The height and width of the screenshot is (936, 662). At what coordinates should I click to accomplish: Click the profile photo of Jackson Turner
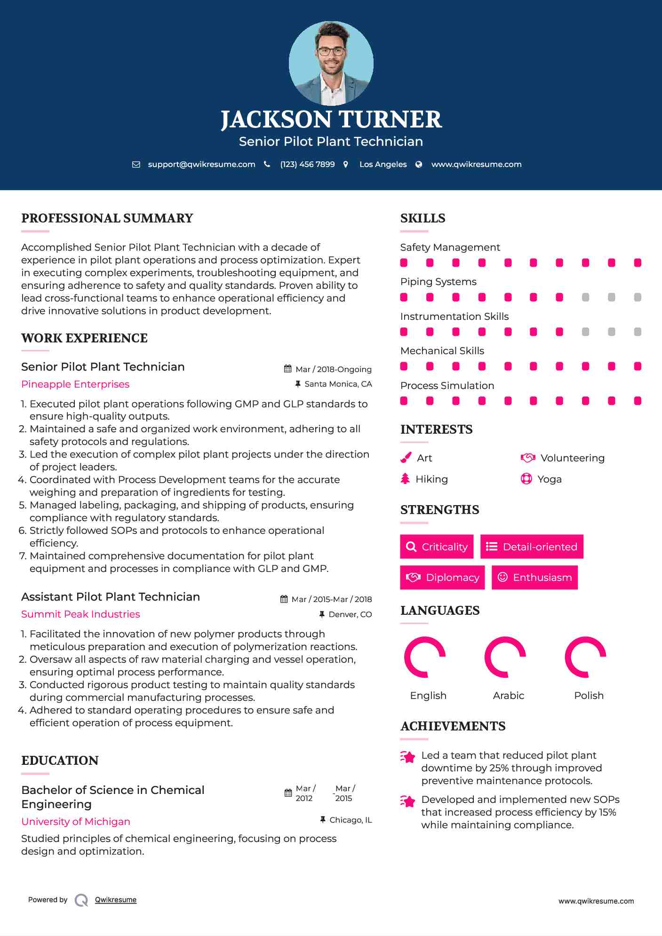[331, 63]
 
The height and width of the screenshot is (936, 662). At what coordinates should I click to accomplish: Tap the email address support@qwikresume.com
[201, 164]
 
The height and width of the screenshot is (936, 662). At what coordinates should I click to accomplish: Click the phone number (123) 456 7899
[307, 164]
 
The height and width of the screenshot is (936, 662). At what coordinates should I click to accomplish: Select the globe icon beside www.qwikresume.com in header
[419, 164]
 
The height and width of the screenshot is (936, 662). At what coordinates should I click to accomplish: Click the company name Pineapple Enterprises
[75, 384]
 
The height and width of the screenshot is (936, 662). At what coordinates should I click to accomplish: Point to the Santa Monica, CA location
[338, 384]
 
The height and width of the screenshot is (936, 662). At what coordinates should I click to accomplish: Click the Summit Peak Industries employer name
[80, 614]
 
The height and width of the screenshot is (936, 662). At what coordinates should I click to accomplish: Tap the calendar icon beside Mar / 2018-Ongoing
[288, 369]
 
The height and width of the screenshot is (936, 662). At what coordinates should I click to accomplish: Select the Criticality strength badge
[437, 547]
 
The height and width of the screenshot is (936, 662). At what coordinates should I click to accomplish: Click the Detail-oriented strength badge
[532, 547]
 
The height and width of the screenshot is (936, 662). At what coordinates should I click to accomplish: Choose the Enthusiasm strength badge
[534, 577]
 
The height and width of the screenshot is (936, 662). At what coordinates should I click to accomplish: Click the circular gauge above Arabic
[505, 657]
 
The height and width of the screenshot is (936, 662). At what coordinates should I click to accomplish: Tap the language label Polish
[589, 696]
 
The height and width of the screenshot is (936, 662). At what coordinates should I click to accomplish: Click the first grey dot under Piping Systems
[585, 297]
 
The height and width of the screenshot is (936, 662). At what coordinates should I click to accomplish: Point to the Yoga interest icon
[526, 479]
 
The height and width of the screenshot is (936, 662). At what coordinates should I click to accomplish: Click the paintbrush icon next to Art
[406, 458]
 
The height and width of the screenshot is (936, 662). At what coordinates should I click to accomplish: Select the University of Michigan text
[76, 822]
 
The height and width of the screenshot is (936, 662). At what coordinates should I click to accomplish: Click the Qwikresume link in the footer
[116, 900]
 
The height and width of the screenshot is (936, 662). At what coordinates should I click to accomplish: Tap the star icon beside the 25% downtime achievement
[408, 757]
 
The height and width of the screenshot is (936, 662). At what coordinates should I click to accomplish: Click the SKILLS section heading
[423, 218]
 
